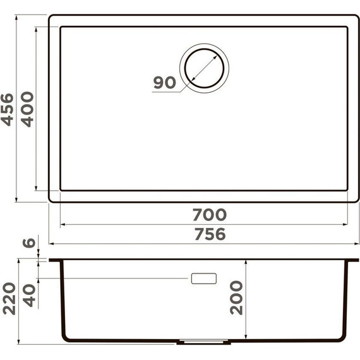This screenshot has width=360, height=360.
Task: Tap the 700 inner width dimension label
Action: [206, 215]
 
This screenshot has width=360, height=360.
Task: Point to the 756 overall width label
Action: [206, 234]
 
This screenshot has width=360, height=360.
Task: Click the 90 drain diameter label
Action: [164, 83]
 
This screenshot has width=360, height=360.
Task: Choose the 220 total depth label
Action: [8, 298]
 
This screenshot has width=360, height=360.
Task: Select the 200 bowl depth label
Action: [235, 297]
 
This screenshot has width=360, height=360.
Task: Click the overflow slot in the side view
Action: [203, 278]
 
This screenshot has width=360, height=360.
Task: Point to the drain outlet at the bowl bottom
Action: [203, 340]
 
